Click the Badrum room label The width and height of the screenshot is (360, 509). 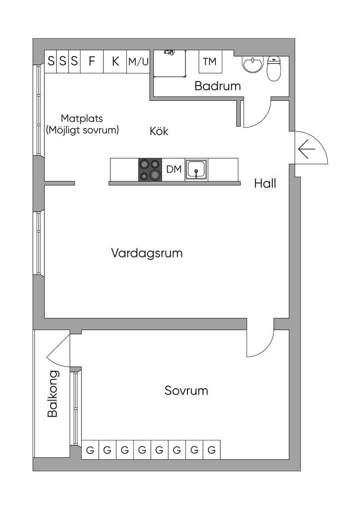tap(217, 86)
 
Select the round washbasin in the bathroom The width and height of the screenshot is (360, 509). tap(253, 65)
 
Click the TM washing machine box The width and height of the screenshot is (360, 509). tap(210, 61)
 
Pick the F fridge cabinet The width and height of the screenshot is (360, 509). tap(92, 61)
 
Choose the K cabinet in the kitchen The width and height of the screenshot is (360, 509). tap(115, 61)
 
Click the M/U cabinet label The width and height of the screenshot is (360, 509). tap(138, 61)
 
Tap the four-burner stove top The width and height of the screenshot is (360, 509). tap(150, 170)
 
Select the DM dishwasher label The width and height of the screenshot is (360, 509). tap(174, 169)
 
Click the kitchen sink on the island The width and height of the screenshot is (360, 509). tap(196, 170)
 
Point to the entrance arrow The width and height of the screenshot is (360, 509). tap(306, 149)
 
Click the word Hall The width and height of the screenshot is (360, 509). tap(265, 183)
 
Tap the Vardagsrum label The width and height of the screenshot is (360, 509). tap(147, 253)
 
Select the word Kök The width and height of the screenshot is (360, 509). tap(159, 131)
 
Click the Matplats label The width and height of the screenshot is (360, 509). tap(82, 118)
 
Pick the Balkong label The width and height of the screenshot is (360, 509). tap(53, 394)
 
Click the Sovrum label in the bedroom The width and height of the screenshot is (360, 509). tap(186, 391)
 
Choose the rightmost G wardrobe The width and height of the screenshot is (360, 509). tap(212, 449)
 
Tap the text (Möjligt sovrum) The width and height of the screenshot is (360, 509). tap(83, 130)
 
